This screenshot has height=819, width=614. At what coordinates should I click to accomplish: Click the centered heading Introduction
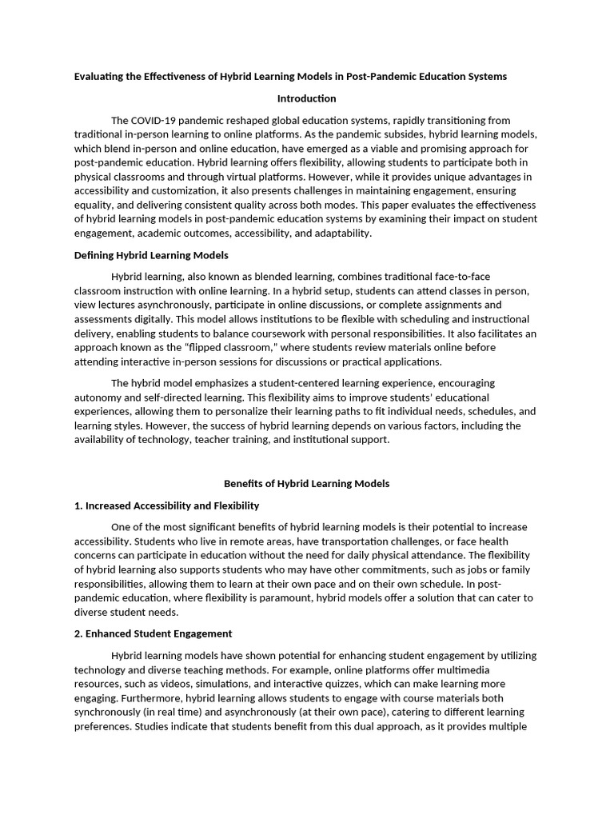pos(306,98)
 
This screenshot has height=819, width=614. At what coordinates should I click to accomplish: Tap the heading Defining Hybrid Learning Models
pos(151,255)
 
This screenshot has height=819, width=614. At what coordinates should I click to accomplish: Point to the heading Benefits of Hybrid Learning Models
pos(306,484)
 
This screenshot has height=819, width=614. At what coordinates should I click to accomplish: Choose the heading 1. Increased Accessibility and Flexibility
pos(166,505)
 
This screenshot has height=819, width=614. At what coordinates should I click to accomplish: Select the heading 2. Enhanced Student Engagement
pos(153,633)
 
